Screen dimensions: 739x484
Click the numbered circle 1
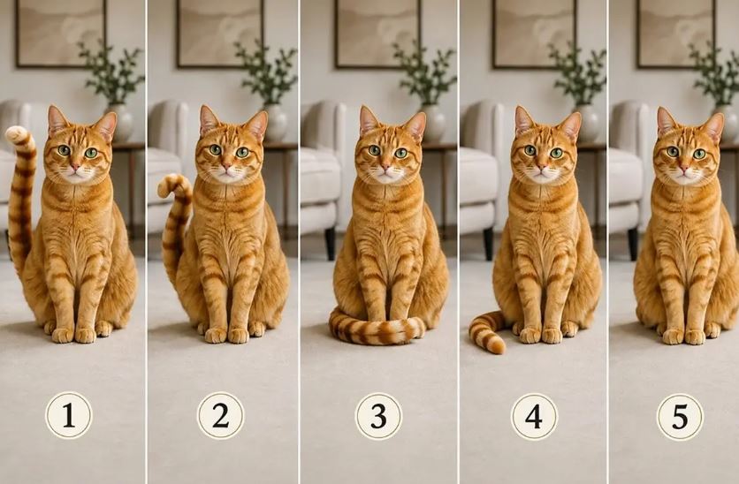coord(69,416)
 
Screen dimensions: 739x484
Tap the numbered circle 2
coord(220,416)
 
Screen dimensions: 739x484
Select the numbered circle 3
coord(378,416)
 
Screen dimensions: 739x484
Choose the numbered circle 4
coord(534,417)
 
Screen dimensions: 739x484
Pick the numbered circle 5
coord(680,417)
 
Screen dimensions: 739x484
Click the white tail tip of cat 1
coord(17,134)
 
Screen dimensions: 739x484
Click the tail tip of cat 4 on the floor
coord(495,346)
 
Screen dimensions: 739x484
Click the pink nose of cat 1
coord(75,166)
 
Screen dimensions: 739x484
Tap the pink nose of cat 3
coord(385,166)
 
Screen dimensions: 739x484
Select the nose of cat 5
coord(683,168)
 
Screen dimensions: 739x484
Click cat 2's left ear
coord(208,120)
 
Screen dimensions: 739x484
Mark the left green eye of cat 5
coord(673,152)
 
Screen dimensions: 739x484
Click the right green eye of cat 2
coord(242,152)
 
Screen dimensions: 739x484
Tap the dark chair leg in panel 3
coord(331,243)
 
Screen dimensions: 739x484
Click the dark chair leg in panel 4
coord(488,244)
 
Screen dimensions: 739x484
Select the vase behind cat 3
coord(432,123)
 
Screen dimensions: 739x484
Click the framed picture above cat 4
coord(534,34)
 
